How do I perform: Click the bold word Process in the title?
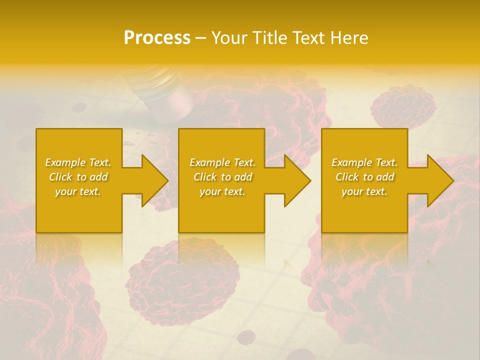157,38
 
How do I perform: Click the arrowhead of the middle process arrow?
297,180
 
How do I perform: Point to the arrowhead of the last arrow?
440,180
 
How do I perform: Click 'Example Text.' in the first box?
78,162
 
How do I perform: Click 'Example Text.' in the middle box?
222,162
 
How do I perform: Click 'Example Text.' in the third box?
364,162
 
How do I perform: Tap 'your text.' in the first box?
78,191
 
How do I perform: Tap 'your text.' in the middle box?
222,191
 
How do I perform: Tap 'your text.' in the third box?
364,191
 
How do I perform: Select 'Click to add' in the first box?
78,177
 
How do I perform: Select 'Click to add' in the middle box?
222,177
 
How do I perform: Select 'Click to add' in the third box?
364,177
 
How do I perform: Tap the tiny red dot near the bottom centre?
246,336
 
